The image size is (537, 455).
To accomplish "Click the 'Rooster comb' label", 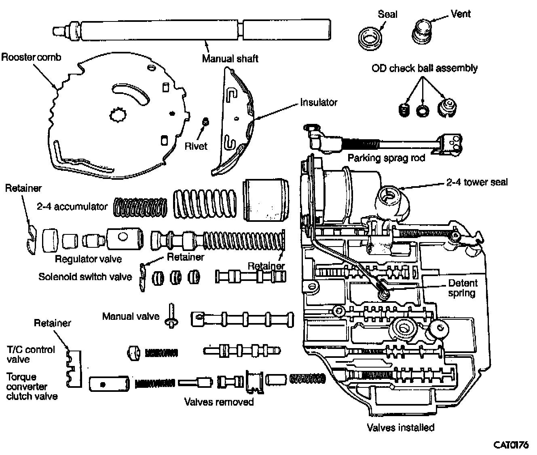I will click(x=31, y=57).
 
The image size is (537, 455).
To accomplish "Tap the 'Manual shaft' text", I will click(x=230, y=59).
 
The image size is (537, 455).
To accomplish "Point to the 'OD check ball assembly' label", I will click(x=424, y=68).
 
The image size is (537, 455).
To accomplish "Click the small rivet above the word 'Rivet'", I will click(x=205, y=121).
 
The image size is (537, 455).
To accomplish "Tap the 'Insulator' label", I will click(x=318, y=102).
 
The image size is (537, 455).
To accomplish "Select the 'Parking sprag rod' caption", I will click(x=386, y=157).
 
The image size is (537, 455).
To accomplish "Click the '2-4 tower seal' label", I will click(x=477, y=182).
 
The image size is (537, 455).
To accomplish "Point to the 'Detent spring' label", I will click(x=462, y=287).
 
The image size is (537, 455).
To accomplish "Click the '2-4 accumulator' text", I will click(x=72, y=206).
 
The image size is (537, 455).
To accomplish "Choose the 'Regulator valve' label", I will click(x=88, y=259).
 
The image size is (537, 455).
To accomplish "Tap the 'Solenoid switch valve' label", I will click(x=85, y=277).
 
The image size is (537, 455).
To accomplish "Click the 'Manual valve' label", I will click(x=131, y=316).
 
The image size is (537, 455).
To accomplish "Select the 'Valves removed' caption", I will click(x=219, y=402).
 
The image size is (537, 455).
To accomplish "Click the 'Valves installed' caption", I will click(x=400, y=427).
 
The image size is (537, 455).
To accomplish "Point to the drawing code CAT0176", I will click(x=511, y=445).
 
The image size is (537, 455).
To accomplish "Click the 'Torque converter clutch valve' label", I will click(x=32, y=387).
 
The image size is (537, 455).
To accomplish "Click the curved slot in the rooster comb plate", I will click(x=135, y=96).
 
